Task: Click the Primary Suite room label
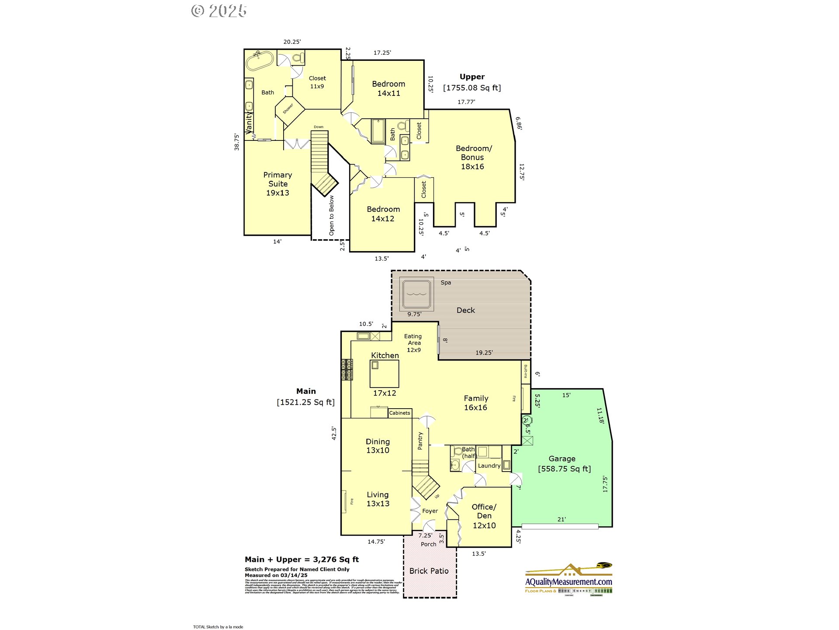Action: (277, 184)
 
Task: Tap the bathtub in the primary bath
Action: (260, 61)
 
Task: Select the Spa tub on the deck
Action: (416, 294)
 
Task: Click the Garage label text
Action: (562, 459)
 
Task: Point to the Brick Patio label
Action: (429, 571)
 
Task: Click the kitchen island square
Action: (384, 373)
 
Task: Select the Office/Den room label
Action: (484, 516)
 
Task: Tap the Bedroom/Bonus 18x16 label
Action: (473, 157)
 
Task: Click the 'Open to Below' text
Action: (332, 216)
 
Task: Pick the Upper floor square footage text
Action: (472, 88)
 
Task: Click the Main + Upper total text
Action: (302, 560)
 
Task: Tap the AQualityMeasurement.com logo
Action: (569, 581)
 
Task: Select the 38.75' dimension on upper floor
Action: (237, 142)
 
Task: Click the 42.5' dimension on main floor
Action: (334, 433)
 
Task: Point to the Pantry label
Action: (420, 441)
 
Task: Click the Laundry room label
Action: (489, 466)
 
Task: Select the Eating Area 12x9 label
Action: (413, 343)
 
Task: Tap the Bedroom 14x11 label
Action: (388, 88)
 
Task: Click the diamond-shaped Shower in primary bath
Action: (289, 110)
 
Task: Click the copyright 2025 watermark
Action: (219, 11)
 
